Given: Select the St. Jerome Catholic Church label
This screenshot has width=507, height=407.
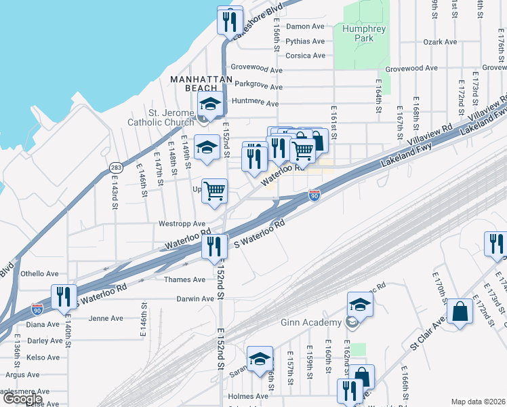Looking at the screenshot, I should (x=161, y=117).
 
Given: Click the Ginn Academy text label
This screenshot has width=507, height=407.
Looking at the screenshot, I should (x=313, y=322).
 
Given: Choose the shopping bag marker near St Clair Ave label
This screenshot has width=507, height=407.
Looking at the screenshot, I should (x=460, y=313).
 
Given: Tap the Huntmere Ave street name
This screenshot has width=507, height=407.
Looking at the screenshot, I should (x=255, y=104).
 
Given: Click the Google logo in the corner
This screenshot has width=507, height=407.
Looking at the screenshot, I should (x=22, y=399).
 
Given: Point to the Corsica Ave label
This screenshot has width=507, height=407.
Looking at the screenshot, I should (x=305, y=56).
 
